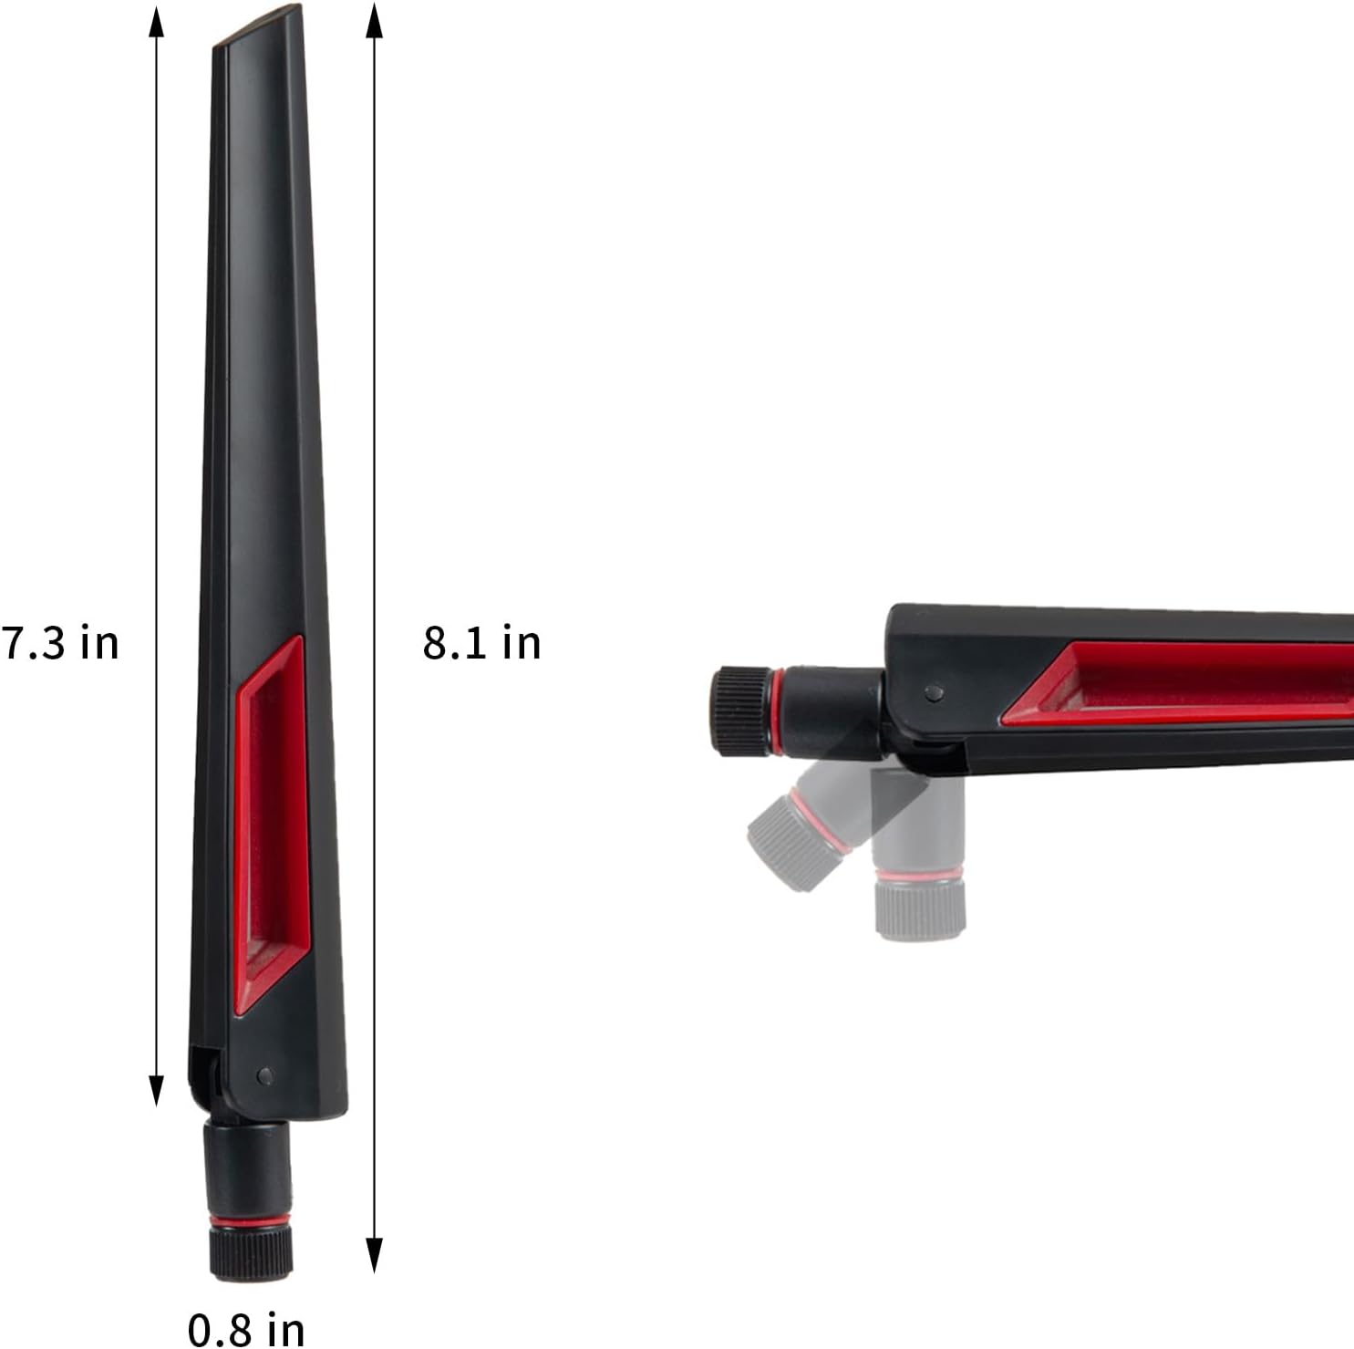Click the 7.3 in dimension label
tap(60, 642)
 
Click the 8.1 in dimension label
tap(481, 642)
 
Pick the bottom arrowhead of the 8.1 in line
tap(373, 1255)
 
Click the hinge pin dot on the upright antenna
tap(264, 1075)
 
